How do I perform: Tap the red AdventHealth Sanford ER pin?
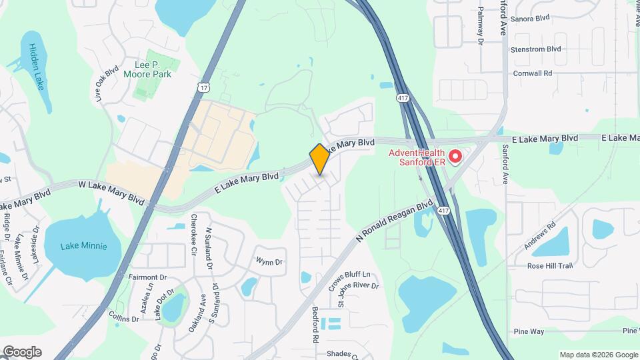(x=455, y=157)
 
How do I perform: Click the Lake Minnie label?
(x=83, y=246)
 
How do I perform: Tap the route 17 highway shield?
(x=203, y=87)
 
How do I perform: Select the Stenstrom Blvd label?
(x=535, y=49)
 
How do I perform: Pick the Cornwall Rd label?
(x=533, y=73)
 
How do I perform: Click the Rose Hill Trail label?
(x=550, y=266)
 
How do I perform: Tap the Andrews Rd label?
(x=539, y=238)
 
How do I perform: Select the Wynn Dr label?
(x=269, y=262)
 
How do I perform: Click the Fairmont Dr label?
(x=147, y=277)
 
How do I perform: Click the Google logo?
(x=22, y=352)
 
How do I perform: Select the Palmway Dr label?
(x=480, y=27)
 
